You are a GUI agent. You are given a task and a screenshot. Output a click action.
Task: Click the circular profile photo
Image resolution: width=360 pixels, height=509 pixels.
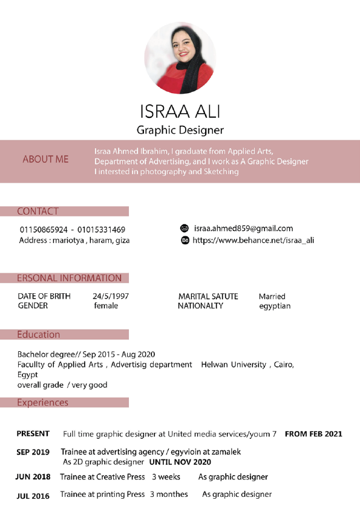[x=180, y=58]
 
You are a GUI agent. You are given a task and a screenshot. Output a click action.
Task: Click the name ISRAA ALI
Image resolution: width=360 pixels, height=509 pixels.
[x=180, y=112]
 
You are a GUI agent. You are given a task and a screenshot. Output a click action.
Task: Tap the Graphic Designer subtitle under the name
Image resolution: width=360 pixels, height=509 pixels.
[x=180, y=130]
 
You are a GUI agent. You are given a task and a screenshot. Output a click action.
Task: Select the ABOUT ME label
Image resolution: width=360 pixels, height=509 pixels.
[x=45, y=160]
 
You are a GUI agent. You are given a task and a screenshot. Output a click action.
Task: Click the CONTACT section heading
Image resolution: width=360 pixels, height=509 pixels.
[x=38, y=212]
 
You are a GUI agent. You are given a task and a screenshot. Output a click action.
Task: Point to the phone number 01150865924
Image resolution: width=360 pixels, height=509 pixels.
[x=44, y=230]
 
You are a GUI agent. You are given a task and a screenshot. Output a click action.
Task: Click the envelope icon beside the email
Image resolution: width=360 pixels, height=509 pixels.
[x=185, y=229]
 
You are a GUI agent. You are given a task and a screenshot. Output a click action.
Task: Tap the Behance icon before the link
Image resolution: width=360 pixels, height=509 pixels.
[x=185, y=241]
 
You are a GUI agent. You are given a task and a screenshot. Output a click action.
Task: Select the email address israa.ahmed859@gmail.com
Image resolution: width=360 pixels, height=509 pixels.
[x=243, y=229]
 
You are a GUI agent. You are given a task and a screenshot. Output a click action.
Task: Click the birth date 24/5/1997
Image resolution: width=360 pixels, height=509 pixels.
[x=110, y=296]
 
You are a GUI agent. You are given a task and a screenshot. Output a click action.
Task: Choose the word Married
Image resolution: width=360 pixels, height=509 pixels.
[x=272, y=296]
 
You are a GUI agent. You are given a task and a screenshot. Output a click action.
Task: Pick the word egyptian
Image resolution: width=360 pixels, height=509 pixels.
[x=274, y=306]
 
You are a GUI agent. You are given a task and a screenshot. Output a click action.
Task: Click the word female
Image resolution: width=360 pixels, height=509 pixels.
[x=106, y=306]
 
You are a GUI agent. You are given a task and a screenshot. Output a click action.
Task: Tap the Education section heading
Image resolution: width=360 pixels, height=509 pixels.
[x=38, y=334]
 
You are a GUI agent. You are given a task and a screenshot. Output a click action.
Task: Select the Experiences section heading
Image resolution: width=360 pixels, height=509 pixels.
[x=42, y=403]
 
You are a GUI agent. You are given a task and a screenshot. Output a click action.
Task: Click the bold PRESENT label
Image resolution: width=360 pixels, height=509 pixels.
[x=33, y=434]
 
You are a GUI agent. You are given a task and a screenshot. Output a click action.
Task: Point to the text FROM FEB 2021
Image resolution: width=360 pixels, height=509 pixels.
[x=313, y=434]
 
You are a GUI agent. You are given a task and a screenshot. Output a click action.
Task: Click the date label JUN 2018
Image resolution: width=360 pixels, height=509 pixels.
[x=33, y=477]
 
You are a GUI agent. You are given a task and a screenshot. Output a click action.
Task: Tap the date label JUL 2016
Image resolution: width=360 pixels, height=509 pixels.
[x=33, y=496]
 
